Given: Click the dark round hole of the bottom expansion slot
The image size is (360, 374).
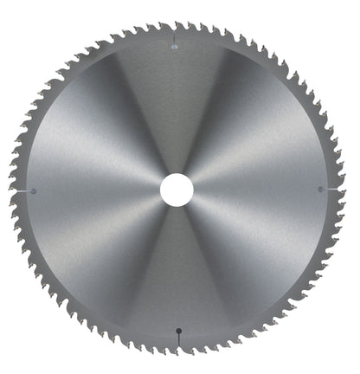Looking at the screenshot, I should pos(179,329).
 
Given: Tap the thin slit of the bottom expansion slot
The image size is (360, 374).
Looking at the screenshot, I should pos(179,339).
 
